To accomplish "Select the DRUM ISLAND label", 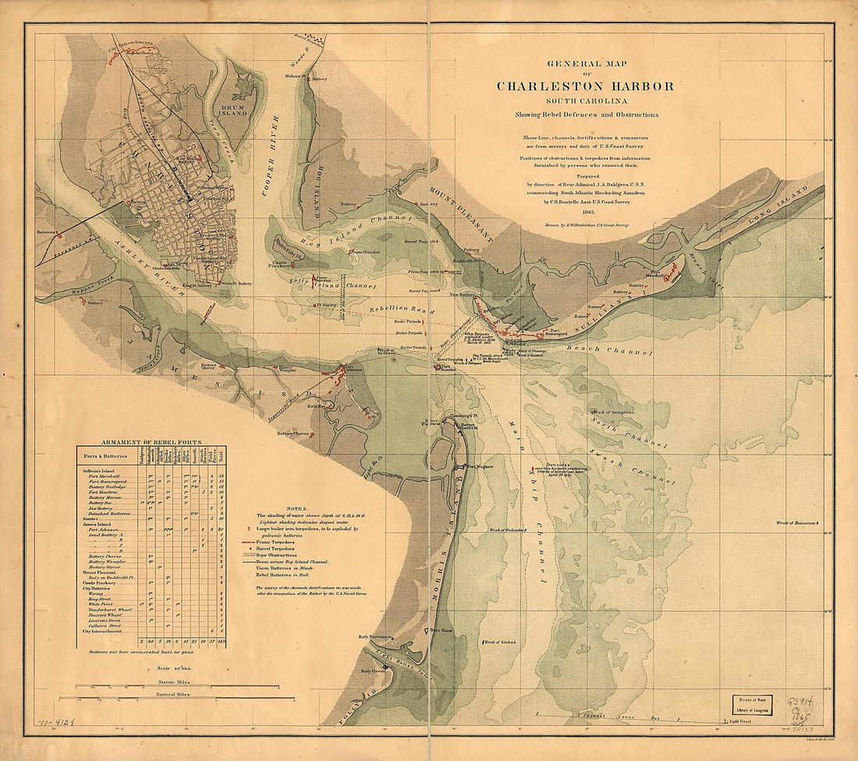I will [x=232, y=109].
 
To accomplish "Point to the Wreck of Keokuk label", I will [x=503, y=643].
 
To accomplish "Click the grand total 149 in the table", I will [x=222, y=641].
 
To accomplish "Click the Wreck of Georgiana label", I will [x=613, y=411].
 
